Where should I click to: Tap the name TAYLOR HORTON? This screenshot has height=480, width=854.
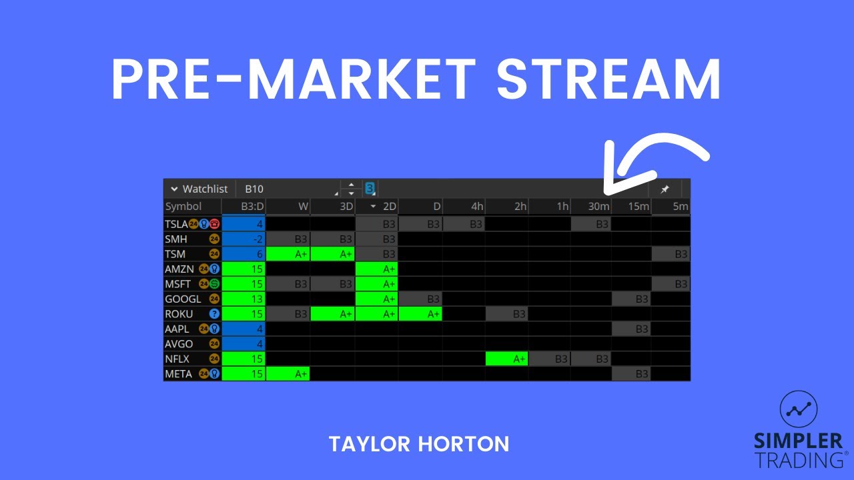(418, 444)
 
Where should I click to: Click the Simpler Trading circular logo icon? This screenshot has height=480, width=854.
(798, 410)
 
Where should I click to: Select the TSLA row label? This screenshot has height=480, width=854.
(176, 224)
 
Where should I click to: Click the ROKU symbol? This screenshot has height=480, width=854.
(179, 313)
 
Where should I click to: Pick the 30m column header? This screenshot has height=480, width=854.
(598, 207)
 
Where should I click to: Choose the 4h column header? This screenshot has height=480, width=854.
(476, 207)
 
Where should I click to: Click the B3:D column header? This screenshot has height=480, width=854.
(252, 207)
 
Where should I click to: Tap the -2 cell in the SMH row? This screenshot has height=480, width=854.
(244, 239)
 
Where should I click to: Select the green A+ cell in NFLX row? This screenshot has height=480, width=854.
(507, 359)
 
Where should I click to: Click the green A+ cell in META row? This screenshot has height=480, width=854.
(288, 374)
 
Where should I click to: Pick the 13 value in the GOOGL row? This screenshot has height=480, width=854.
(244, 299)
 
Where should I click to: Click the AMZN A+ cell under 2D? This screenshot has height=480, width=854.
(377, 269)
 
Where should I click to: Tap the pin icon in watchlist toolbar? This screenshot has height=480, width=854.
(665, 189)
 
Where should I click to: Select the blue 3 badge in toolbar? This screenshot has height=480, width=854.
(370, 189)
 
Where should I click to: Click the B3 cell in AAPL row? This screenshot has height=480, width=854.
(632, 329)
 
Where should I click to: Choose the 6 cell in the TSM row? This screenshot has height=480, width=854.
(244, 254)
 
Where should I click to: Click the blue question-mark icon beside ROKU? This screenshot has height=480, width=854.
(214, 313)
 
